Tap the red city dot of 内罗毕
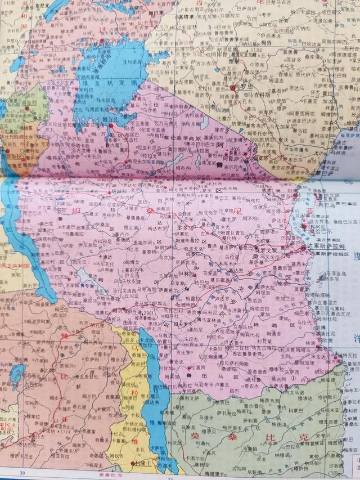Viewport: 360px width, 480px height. click(x=232, y=88)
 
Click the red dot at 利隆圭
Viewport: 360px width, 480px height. click(x=136, y=463)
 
